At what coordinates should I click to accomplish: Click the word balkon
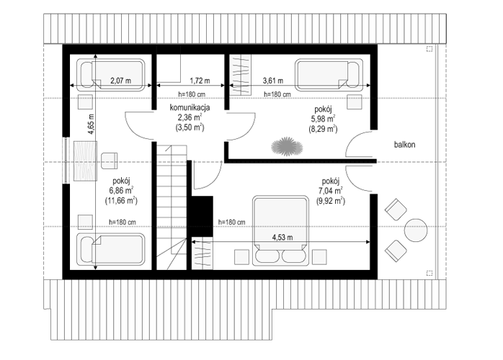point(404,145)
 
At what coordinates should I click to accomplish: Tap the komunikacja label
point(190,107)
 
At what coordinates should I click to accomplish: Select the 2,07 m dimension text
point(120,81)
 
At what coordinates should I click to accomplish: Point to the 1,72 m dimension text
point(200,81)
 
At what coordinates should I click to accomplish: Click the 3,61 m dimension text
point(273,81)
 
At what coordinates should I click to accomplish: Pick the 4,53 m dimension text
point(282,237)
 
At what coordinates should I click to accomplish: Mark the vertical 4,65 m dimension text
point(91,124)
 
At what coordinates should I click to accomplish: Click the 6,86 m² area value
point(121,190)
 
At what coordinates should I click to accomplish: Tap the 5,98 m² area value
point(323,119)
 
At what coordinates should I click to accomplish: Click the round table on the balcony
point(416,230)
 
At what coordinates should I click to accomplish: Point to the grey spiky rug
point(287,147)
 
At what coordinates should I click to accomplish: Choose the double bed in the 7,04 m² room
point(280,231)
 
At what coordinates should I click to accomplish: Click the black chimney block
point(202,217)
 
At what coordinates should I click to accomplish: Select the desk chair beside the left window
point(109,161)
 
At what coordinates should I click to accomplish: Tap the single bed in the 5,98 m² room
point(329,74)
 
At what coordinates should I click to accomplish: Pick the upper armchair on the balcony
point(396,210)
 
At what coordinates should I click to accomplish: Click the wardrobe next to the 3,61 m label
point(240,75)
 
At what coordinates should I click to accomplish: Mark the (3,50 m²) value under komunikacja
point(190,127)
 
